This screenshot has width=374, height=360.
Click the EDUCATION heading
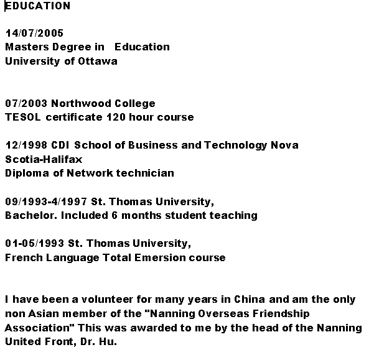point(38,6)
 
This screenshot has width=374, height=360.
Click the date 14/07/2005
point(34,33)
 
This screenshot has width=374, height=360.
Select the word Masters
point(26,47)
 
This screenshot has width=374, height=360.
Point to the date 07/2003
point(26,103)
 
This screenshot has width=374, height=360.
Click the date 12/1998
point(26,145)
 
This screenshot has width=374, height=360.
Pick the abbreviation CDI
point(60,145)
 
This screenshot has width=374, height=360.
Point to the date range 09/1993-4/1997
point(46,201)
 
